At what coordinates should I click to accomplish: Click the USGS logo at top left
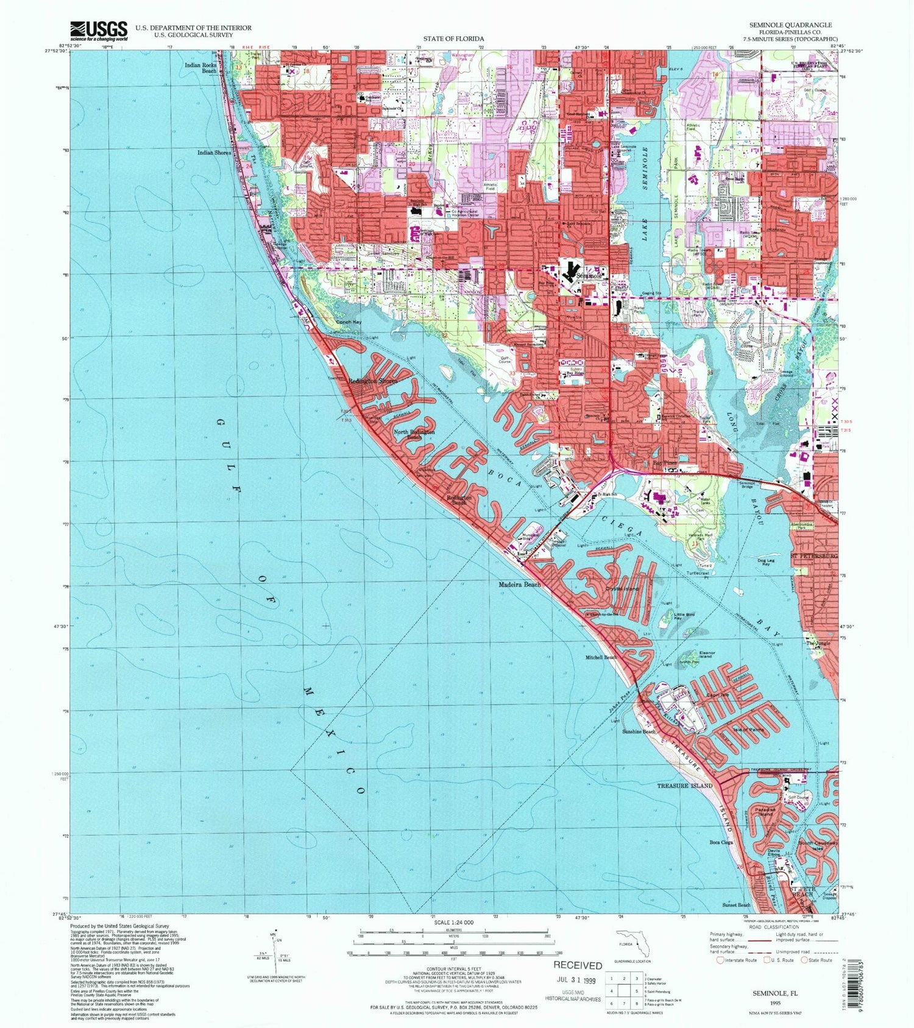click(99, 30)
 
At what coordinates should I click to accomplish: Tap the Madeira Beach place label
click(519, 585)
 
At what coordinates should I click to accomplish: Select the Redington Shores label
click(372, 381)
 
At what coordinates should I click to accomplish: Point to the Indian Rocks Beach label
click(200, 67)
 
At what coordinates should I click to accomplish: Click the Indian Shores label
click(214, 153)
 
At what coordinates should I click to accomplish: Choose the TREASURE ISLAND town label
click(684, 786)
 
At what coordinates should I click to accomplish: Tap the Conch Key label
click(349, 322)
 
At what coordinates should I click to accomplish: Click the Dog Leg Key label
click(766, 562)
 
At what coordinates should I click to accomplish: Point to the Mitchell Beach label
click(601, 658)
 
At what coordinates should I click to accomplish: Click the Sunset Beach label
click(736, 905)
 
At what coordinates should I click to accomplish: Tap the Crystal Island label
click(622, 589)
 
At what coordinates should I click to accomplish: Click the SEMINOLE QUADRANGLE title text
click(792, 25)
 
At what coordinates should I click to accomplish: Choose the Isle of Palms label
click(748, 729)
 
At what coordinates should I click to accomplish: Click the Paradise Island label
click(765, 812)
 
